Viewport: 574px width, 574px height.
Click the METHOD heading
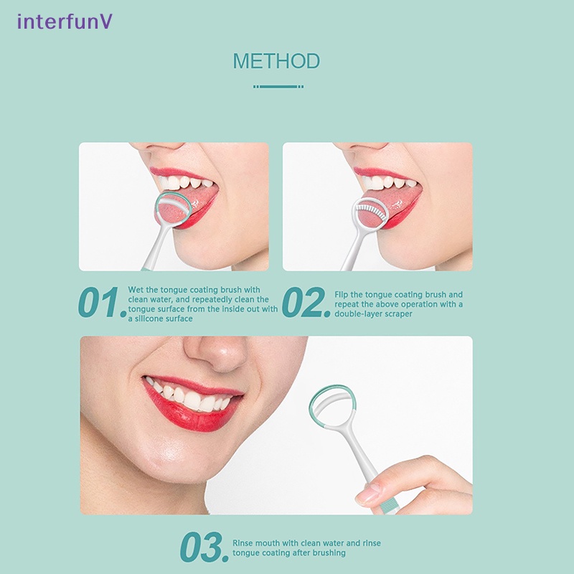tap(276, 61)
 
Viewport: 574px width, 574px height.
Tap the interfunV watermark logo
tap(65, 22)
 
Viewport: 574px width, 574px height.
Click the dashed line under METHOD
tap(278, 86)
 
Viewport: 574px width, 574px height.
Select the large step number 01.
tap(101, 304)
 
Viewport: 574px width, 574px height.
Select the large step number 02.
tap(306, 304)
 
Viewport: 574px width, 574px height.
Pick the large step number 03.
tap(204, 548)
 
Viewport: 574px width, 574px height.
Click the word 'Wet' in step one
tap(136, 290)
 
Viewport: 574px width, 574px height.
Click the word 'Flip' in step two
tap(343, 295)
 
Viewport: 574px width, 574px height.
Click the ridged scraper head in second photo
tap(372, 212)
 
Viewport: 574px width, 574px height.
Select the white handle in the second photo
tap(352, 251)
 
